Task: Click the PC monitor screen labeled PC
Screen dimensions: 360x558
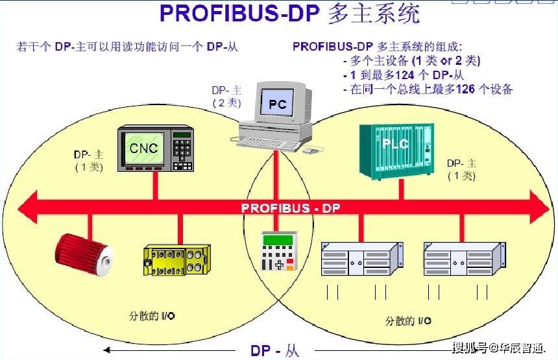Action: (x=278, y=102)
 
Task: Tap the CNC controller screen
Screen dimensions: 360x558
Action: (x=143, y=149)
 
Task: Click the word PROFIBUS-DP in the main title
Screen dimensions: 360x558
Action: (x=233, y=14)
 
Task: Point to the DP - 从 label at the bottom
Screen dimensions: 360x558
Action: (x=275, y=351)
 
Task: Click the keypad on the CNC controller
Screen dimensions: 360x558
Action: (x=182, y=150)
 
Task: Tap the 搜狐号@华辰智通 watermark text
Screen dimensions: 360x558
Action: (x=499, y=348)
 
